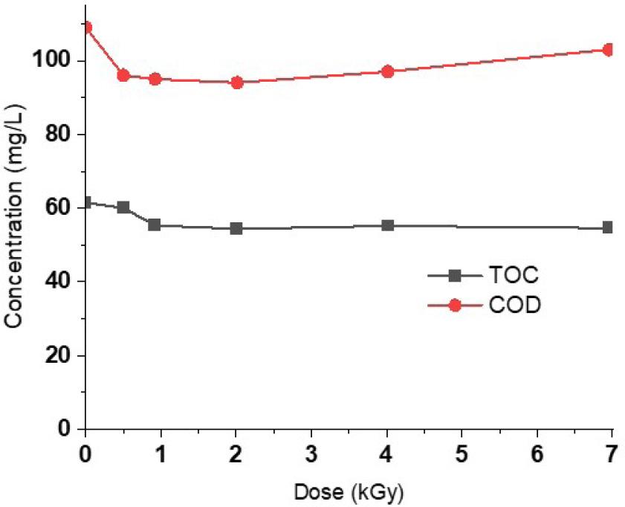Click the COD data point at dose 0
click(x=86, y=28)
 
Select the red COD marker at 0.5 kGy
click(x=123, y=75)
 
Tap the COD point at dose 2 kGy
click(x=237, y=82)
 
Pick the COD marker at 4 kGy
click(x=387, y=71)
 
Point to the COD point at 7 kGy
click(x=608, y=50)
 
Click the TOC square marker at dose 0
click(x=86, y=202)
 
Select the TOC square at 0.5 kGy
click(x=123, y=207)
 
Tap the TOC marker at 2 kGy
click(x=236, y=228)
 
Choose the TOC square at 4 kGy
click(x=387, y=225)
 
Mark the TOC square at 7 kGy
click(x=607, y=227)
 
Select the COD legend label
click(x=516, y=306)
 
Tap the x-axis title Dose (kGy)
click(x=348, y=491)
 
